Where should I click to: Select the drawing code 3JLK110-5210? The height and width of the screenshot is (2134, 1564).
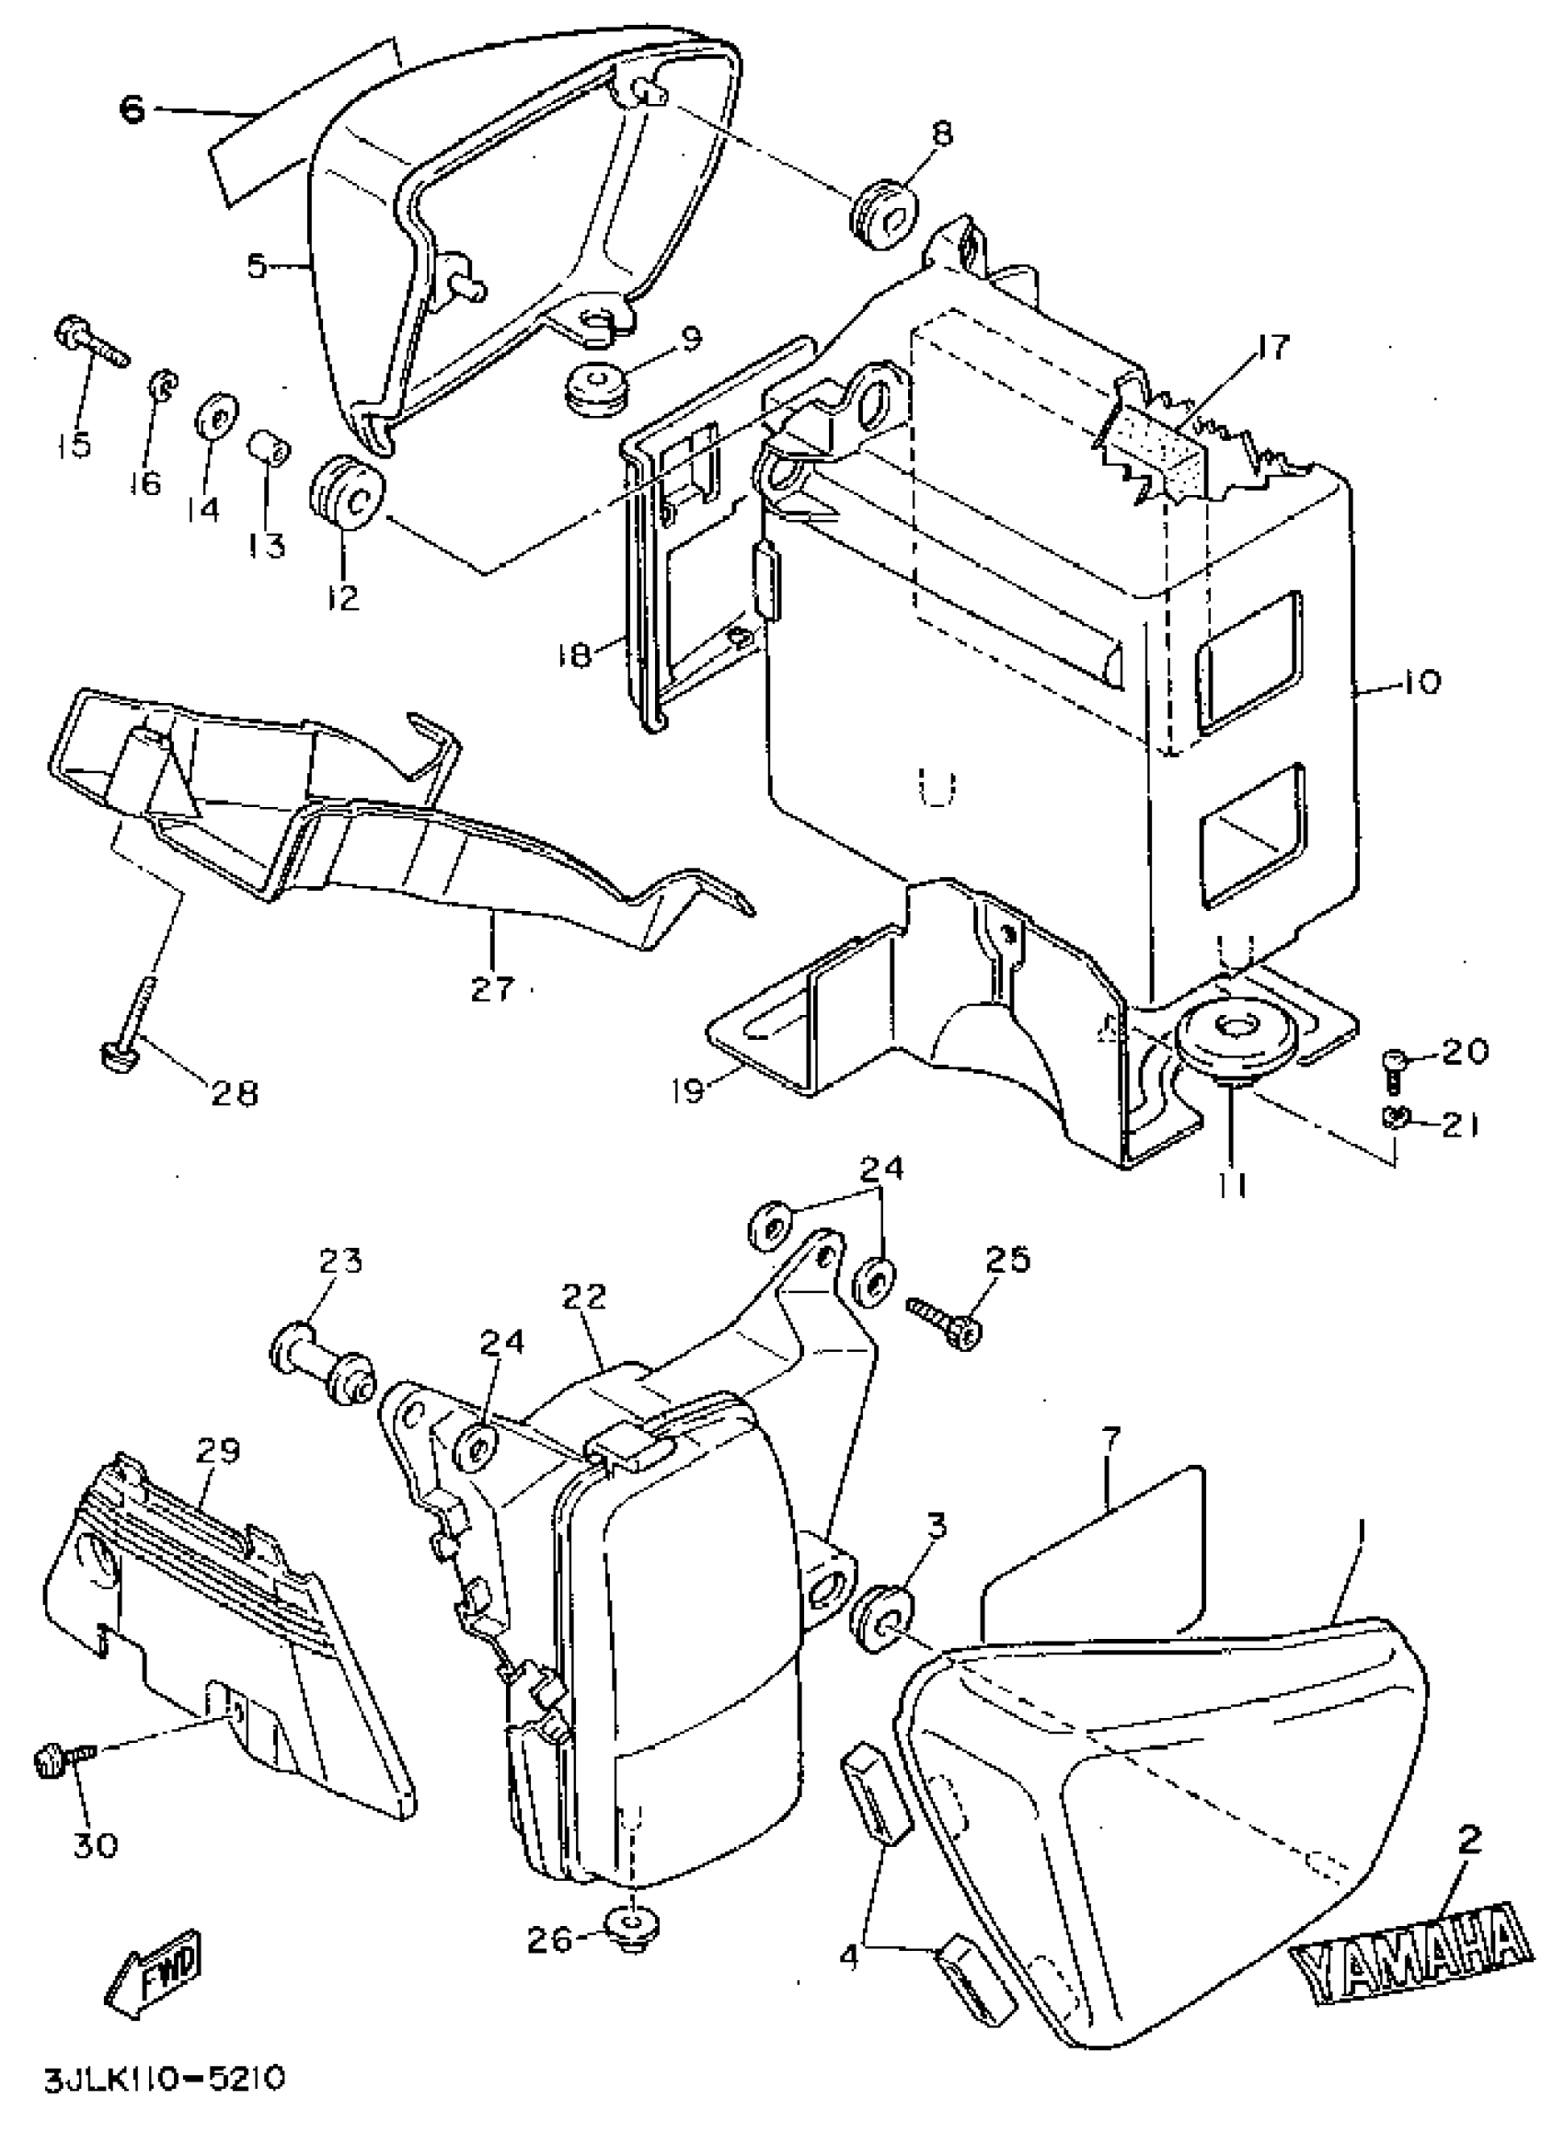click(x=164, y=2081)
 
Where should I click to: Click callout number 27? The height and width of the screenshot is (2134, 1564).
click(x=493, y=989)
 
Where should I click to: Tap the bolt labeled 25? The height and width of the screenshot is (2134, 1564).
click(x=948, y=1321)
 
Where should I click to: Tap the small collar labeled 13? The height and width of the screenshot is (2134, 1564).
click(x=269, y=449)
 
